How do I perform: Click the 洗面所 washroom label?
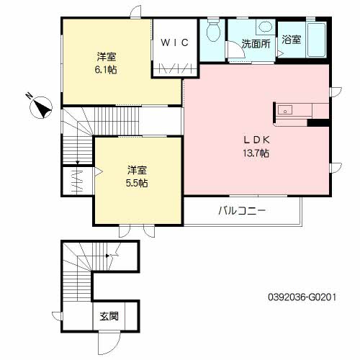[255, 43]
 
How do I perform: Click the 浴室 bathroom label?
[292, 40]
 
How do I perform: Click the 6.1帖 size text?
[107, 70]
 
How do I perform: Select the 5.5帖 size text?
[137, 183]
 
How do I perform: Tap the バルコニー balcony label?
[242, 211]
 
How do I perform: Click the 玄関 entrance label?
[109, 315]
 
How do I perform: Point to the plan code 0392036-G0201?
[297, 296]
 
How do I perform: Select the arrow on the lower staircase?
[107, 255]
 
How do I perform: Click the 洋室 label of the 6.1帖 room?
[107, 57]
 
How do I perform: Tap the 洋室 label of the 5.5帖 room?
[137, 170]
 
